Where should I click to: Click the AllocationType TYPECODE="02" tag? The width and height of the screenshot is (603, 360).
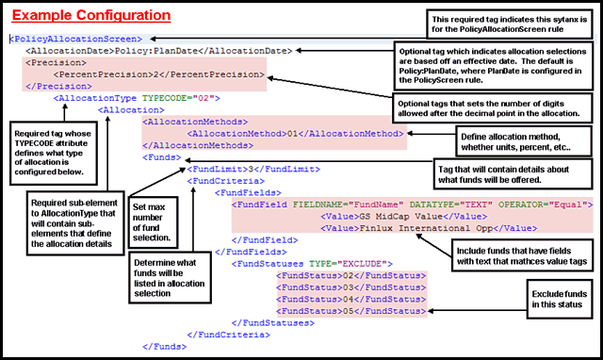point(138,97)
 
